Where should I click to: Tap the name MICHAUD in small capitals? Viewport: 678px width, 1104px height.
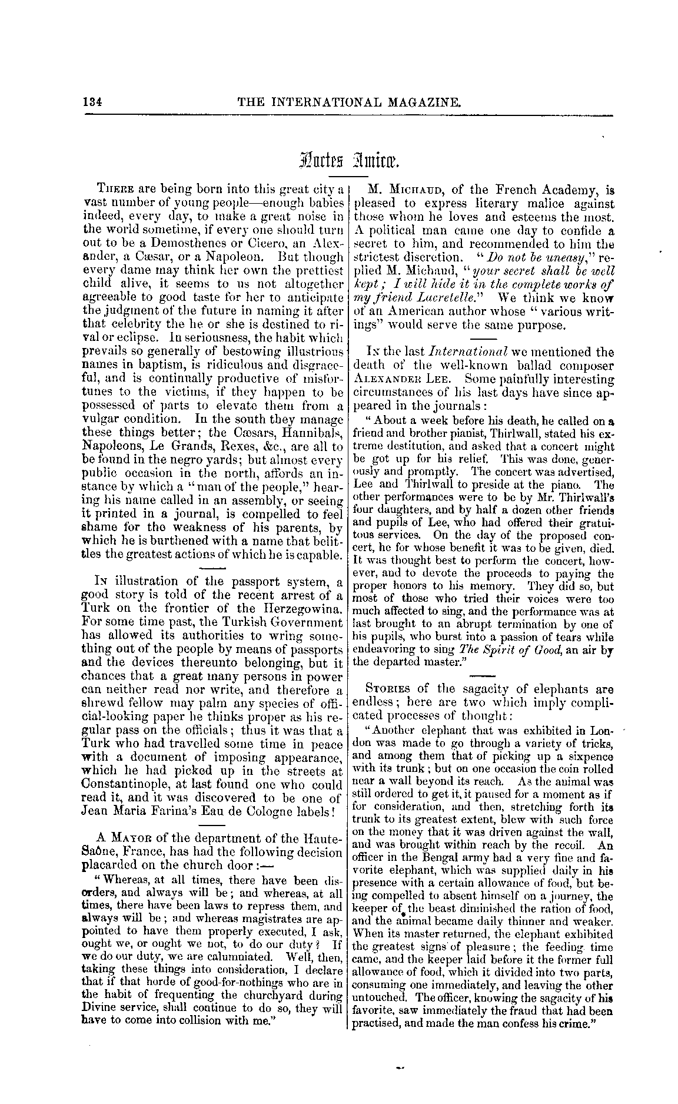click(x=406, y=190)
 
